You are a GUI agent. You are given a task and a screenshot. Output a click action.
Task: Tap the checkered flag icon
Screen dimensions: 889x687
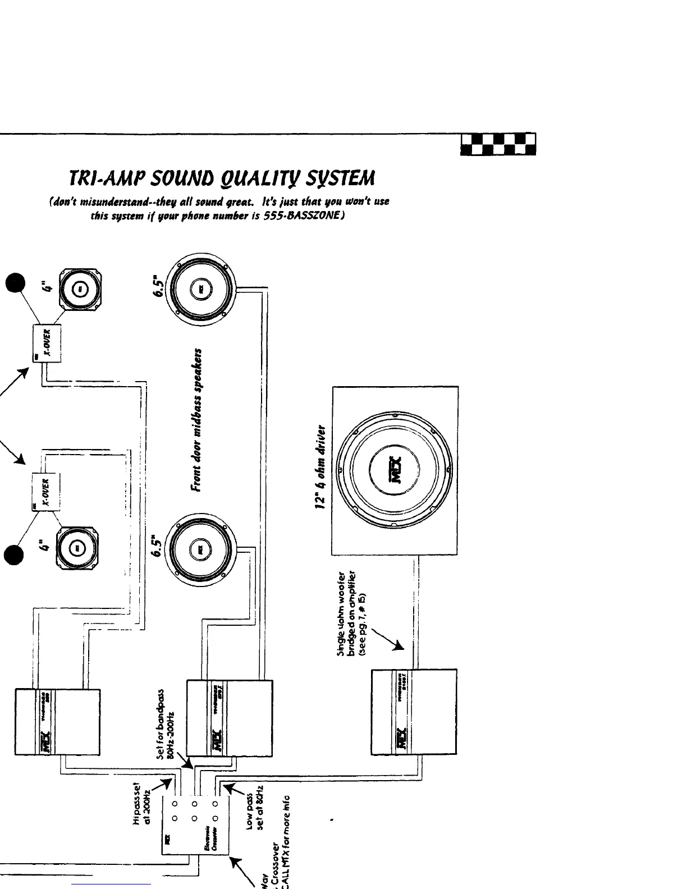coord(498,144)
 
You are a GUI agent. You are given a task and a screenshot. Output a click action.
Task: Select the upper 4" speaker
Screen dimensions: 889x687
coord(80,291)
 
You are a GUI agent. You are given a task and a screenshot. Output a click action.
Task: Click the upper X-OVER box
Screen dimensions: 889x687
coord(47,343)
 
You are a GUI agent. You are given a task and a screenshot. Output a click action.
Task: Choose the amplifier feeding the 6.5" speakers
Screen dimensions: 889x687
coord(230,718)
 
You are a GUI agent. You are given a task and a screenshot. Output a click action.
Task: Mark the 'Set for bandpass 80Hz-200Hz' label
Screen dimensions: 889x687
coord(164,724)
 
